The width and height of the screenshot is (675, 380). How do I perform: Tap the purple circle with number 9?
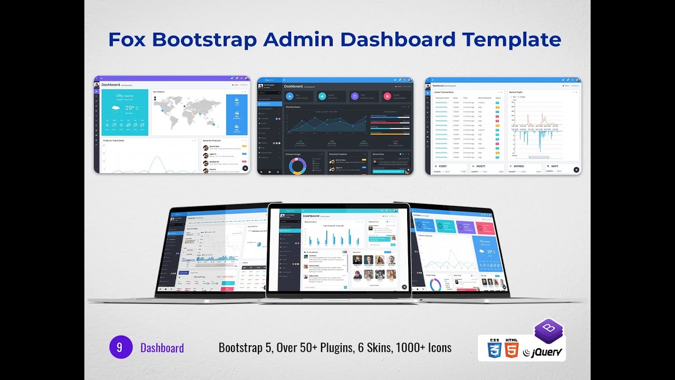click(120, 347)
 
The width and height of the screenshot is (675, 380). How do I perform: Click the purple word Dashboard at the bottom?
click(162, 348)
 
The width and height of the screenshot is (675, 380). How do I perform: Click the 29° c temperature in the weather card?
click(132, 108)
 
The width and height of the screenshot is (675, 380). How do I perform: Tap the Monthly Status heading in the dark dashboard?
click(293, 107)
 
